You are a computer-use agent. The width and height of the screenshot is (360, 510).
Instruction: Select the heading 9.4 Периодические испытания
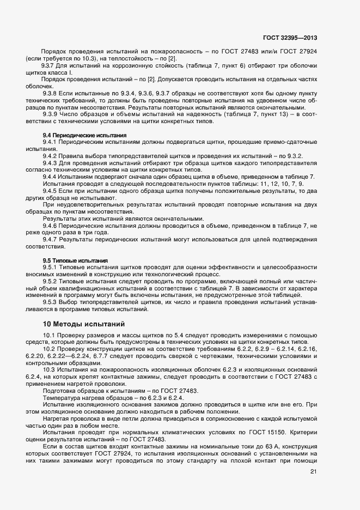point(84,135)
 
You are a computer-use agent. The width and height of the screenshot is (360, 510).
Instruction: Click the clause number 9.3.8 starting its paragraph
point(51,94)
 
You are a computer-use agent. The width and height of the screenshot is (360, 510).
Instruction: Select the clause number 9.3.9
point(51,114)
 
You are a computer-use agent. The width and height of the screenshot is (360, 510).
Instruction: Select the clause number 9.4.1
point(51,142)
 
